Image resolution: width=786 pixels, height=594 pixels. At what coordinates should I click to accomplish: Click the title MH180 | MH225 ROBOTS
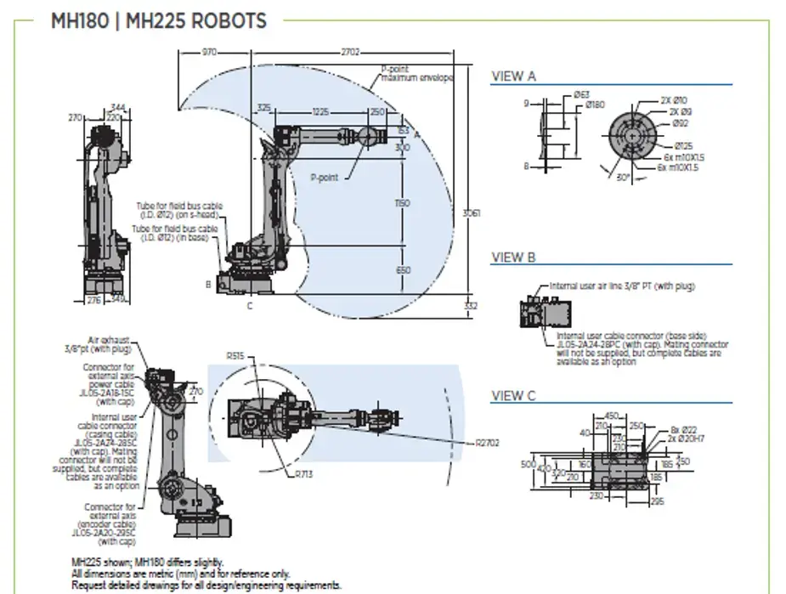click(159, 21)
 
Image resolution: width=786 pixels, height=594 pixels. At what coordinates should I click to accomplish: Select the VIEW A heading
click(513, 76)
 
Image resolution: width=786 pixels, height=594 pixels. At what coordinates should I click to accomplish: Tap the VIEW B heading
click(513, 257)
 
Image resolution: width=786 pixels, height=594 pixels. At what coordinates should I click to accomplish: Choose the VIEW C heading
click(513, 395)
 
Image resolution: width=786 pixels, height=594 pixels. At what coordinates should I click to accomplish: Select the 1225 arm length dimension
click(320, 111)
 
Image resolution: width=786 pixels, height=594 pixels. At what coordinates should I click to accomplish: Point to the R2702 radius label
click(488, 442)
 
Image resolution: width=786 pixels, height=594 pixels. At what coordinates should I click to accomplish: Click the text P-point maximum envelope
click(416, 73)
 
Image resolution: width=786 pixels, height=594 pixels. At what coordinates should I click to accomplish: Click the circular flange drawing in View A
click(634, 136)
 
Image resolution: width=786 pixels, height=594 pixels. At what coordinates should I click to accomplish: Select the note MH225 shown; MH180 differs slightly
click(148, 562)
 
